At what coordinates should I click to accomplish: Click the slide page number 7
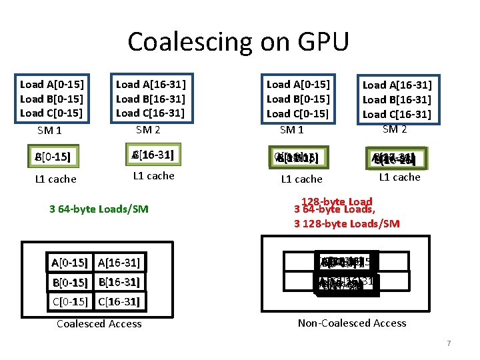point(449,343)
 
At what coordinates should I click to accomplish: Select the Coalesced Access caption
point(99,324)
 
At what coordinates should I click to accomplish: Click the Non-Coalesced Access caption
point(352,323)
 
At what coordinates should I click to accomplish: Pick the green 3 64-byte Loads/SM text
point(99,209)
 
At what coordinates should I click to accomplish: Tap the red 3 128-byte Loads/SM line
point(347,223)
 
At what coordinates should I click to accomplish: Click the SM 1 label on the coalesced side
point(50,130)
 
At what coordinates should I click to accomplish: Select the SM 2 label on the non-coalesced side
point(395,129)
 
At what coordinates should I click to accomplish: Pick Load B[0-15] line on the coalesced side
point(51,99)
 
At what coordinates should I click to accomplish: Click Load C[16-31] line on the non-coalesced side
point(397,114)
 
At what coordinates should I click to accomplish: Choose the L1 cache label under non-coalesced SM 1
point(301,179)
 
